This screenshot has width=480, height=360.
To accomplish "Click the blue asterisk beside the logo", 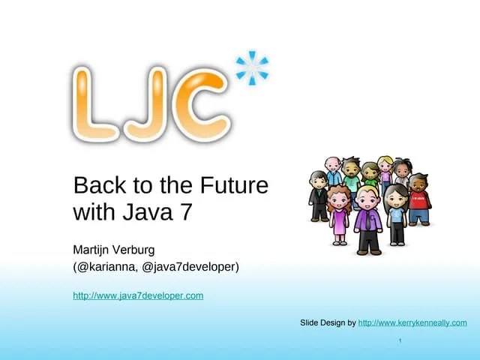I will [252, 67].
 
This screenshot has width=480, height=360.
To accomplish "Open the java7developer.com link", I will [138, 295].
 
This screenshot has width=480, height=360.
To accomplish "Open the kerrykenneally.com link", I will [412, 322].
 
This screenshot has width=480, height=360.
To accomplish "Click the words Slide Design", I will [322, 322].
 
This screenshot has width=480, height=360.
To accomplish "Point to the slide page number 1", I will [400, 342].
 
